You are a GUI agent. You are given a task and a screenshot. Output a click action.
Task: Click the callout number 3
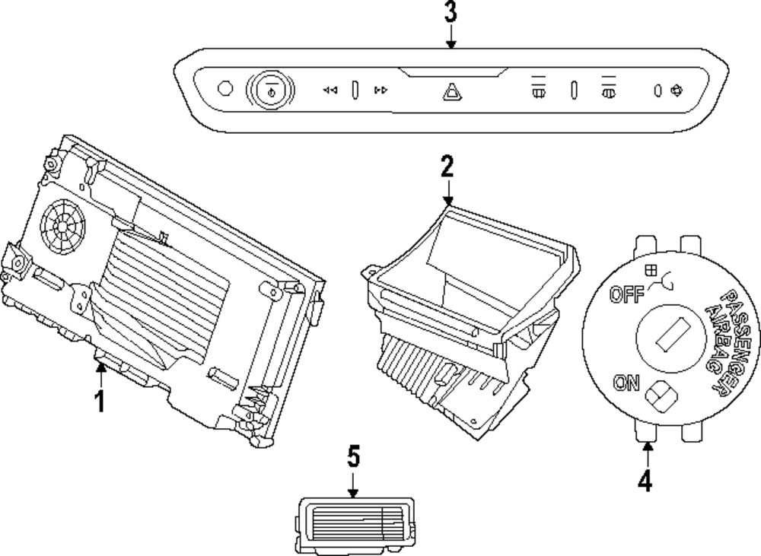451,11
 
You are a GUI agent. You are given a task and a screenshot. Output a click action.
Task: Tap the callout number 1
100,402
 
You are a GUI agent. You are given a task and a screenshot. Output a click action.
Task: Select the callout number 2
447,167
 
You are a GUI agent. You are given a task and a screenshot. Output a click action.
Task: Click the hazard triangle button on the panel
452,92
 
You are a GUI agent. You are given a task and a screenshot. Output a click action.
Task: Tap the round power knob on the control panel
270,90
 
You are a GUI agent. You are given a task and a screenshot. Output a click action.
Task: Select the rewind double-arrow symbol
330,91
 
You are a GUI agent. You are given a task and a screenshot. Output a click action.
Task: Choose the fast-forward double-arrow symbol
381,91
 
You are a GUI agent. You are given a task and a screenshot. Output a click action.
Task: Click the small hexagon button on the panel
224,89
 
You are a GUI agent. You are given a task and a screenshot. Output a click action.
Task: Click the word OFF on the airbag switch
627,294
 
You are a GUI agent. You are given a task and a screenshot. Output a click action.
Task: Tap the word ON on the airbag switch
626,383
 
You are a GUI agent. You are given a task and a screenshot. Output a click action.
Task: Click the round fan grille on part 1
63,226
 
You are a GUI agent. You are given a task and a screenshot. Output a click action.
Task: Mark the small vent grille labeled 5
355,526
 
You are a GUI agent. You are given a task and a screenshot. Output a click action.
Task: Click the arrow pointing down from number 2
447,192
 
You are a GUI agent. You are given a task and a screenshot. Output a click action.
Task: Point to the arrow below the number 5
353,484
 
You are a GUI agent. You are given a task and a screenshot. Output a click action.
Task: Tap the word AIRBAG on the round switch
718,340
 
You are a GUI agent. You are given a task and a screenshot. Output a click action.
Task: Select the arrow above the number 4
648,455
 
